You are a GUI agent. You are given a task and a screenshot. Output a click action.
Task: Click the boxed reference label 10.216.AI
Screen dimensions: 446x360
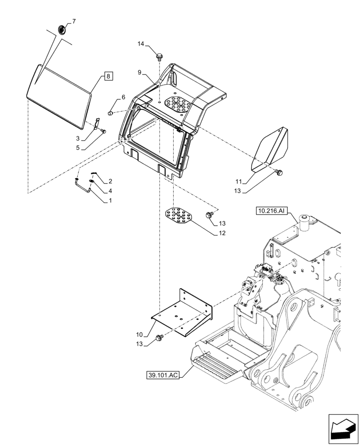click(x=272, y=211)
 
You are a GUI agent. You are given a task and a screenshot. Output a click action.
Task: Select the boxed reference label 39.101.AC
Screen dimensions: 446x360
click(x=163, y=376)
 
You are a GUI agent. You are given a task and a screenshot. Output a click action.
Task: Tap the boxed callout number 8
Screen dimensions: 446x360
click(x=108, y=76)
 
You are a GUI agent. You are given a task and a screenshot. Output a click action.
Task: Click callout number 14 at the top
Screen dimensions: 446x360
click(x=141, y=44)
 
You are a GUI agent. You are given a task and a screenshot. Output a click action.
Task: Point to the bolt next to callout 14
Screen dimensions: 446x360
click(x=159, y=57)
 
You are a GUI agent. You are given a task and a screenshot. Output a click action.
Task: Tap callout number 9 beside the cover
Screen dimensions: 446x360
click(x=139, y=72)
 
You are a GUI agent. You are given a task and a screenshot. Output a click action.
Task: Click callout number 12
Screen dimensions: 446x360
click(x=221, y=233)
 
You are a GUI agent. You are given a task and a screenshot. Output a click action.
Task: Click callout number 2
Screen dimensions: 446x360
click(x=110, y=182)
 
